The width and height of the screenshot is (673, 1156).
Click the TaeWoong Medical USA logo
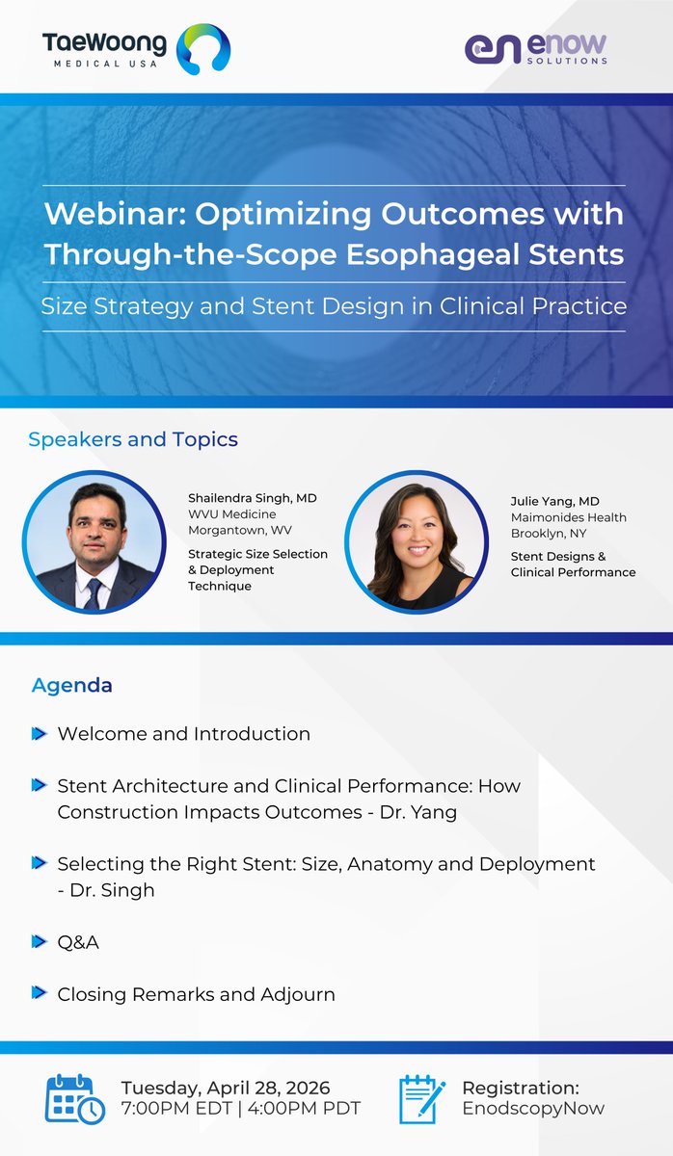[x=135, y=49]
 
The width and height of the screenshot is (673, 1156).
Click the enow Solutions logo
[x=535, y=48]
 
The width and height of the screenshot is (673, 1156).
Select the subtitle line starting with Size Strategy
[x=334, y=306]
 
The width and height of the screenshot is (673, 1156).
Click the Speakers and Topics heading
[x=133, y=439]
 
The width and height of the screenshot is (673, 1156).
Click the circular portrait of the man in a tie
[x=94, y=541]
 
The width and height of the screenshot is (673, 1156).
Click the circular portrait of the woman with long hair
[x=417, y=541]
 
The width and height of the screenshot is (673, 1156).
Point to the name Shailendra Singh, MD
[x=252, y=498]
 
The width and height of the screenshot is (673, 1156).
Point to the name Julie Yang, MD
[x=556, y=502]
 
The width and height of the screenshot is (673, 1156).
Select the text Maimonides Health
[x=568, y=517]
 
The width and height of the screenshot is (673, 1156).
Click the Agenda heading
[x=72, y=685]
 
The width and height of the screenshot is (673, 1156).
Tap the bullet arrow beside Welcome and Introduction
[x=39, y=734]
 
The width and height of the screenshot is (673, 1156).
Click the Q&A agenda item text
[x=78, y=942]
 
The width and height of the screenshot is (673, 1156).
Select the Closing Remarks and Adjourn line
[x=196, y=993]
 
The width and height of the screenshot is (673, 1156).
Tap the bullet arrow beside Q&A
[x=39, y=942]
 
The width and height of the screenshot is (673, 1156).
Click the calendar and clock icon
[x=75, y=1098]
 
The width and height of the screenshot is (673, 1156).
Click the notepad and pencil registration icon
[x=422, y=1098]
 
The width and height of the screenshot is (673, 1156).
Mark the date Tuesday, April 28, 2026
[x=225, y=1088]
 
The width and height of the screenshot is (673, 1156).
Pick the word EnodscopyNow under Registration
[x=533, y=1108]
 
